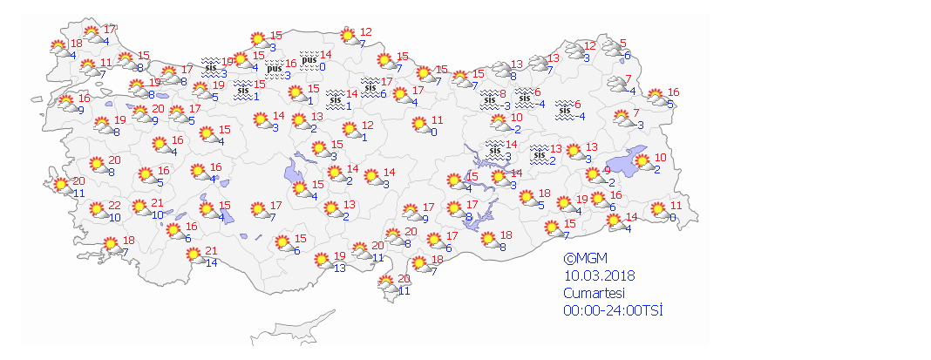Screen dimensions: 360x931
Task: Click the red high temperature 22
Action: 115,207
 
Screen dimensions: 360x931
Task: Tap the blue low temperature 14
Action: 211,262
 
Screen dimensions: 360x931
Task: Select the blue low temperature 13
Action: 340,268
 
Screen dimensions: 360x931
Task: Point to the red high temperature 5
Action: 623,44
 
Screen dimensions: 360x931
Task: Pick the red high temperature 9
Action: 607,171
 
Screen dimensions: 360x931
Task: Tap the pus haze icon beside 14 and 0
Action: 308,59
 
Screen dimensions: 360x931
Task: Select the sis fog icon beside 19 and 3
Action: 210,66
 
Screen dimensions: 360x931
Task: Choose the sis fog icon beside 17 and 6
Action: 370,87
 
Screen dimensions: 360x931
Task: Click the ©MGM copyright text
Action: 584,259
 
